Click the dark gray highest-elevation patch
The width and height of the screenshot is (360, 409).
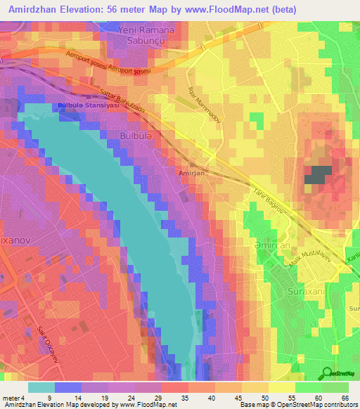(318, 175)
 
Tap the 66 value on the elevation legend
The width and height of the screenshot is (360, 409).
(345, 397)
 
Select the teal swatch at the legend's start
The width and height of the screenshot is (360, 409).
(41, 387)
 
